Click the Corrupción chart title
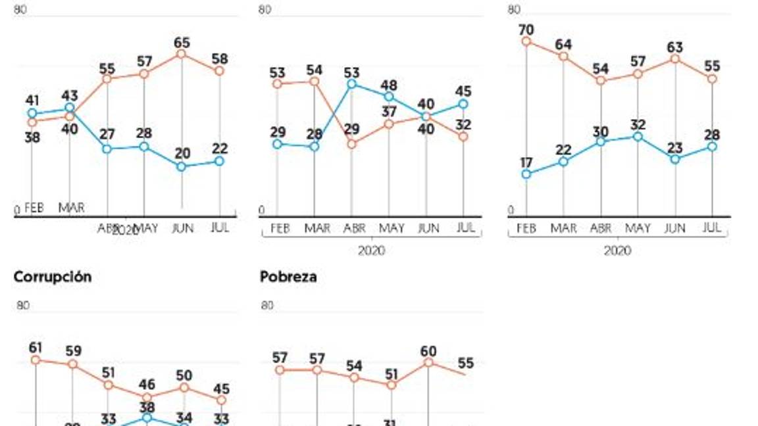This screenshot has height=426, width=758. pos(53,277)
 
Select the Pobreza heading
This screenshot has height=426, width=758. pos(288,277)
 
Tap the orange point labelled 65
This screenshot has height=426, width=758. pos(182,54)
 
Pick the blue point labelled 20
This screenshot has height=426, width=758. pos(182,166)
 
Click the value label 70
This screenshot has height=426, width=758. pos(526,30)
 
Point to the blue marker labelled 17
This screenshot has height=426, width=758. pos(526,174)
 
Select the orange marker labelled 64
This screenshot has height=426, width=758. pos(563,57)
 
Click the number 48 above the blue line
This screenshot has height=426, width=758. pos(389,85)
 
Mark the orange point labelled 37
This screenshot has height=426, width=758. pos(389,124)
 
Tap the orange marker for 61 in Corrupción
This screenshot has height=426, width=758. pos(36,360)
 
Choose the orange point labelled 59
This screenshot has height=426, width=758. pos(72,364)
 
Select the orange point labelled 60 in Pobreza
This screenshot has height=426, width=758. pos(428,362)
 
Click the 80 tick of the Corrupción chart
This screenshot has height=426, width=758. pos(23,305)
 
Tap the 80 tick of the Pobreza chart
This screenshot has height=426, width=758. pos(267,305)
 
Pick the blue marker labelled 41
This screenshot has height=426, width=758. pos(32,113)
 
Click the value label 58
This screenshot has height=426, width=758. pos(220,59)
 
